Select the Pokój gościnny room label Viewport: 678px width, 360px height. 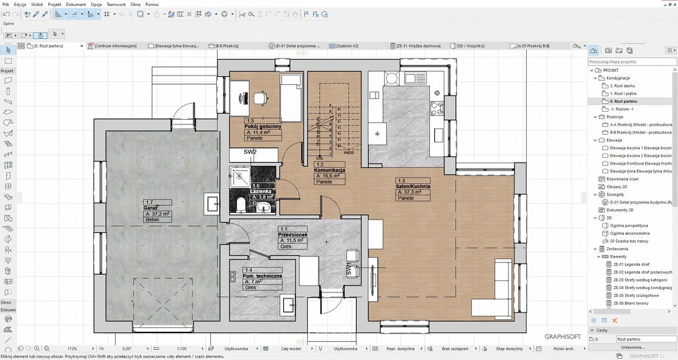click(262, 126)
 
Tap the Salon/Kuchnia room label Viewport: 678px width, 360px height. click(413, 186)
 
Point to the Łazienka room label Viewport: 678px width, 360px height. click(262, 191)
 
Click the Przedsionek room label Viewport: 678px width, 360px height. click(292, 234)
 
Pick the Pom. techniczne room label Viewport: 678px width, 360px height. click(262, 276)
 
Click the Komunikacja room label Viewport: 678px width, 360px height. click(329, 170)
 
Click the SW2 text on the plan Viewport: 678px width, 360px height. click(250, 152)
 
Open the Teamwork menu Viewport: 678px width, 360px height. click(116, 4)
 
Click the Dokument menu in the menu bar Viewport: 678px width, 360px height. click(76, 4)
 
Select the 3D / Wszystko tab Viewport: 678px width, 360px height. click(473, 46)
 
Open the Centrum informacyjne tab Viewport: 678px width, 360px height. click(116, 46)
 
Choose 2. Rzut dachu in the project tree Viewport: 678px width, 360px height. click(622, 86)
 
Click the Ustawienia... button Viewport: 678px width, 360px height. click(632, 347)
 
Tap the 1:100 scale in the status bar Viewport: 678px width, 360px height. click(181, 349)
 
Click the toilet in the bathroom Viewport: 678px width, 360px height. click(242, 202)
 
